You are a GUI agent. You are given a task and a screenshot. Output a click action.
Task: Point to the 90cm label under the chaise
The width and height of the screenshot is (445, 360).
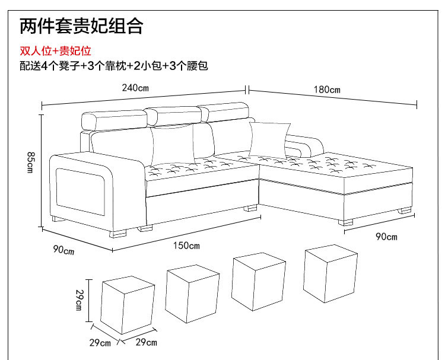tap(387, 237)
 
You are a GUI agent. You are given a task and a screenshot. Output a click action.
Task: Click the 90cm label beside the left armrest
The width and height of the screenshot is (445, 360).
tap(63, 250)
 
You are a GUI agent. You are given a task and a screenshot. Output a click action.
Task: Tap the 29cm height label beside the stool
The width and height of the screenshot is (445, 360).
tap(79, 300)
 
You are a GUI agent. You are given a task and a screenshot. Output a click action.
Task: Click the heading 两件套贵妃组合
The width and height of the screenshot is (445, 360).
tap(81, 26)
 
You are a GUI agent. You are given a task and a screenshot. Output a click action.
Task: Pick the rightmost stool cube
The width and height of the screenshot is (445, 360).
tap(330, 273)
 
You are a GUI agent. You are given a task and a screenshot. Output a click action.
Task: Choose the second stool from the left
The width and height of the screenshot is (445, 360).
tap(192, 294)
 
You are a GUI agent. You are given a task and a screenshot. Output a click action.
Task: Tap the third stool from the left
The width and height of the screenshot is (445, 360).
tap(260, 281)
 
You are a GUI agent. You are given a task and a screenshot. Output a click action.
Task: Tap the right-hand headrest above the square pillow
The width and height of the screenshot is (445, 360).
tap(224, 112)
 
